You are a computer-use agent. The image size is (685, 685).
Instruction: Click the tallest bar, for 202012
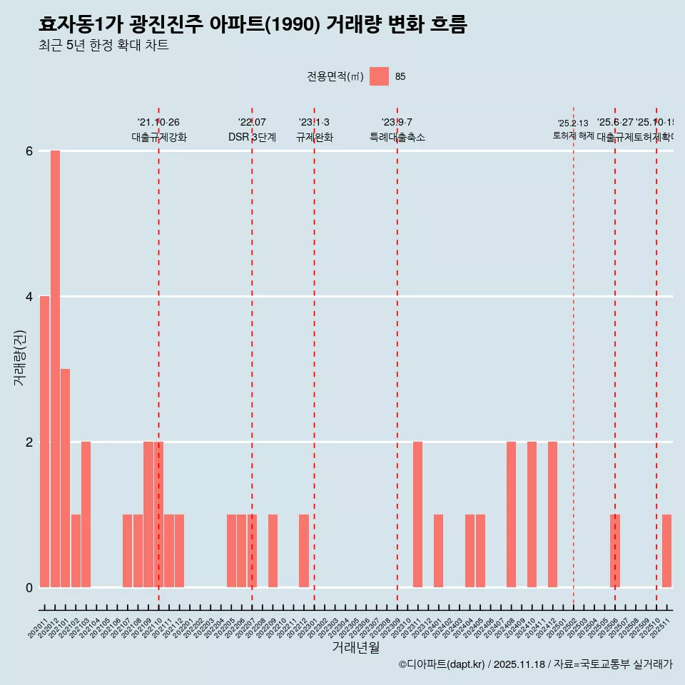(x=55, y=369)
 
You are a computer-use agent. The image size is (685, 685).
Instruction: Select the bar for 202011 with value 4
(x=44, y=442)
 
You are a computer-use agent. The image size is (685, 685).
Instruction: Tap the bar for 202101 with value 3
(x=65, y=478)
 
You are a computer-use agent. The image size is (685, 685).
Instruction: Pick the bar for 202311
(x=417, y=514)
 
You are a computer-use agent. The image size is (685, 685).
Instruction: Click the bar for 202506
(x=614, y=551)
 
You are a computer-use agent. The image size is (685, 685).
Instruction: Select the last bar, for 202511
(x=666, y=551)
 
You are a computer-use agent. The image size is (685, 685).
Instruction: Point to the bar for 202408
(x=511, y=514)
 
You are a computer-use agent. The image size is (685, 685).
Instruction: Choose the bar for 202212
(x=303, y=551)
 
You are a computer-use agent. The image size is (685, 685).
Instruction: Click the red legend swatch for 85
(x=379, y=76)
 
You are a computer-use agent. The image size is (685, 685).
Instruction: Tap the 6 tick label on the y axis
(x=29, y=151)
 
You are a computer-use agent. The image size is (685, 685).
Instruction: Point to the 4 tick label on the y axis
(x=29, y=296)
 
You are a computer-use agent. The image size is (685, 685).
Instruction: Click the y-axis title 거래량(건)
(x=20, y=357)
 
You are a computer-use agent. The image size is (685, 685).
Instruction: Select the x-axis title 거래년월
(x=355, y=647)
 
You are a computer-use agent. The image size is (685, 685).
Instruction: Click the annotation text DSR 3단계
(x=252, y=137)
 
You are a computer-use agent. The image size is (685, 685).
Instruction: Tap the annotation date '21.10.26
(x=158, y=123)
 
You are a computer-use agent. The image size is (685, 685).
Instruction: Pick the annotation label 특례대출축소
(x=397, y=137)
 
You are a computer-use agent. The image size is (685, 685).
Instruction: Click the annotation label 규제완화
(x=314, y=137)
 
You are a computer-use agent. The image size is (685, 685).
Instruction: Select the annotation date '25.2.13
(x=573, y=123)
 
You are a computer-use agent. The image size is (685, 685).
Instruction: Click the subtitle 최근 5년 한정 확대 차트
(x=103, y=46)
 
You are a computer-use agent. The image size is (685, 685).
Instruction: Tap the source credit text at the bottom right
(x=535, y=664)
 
